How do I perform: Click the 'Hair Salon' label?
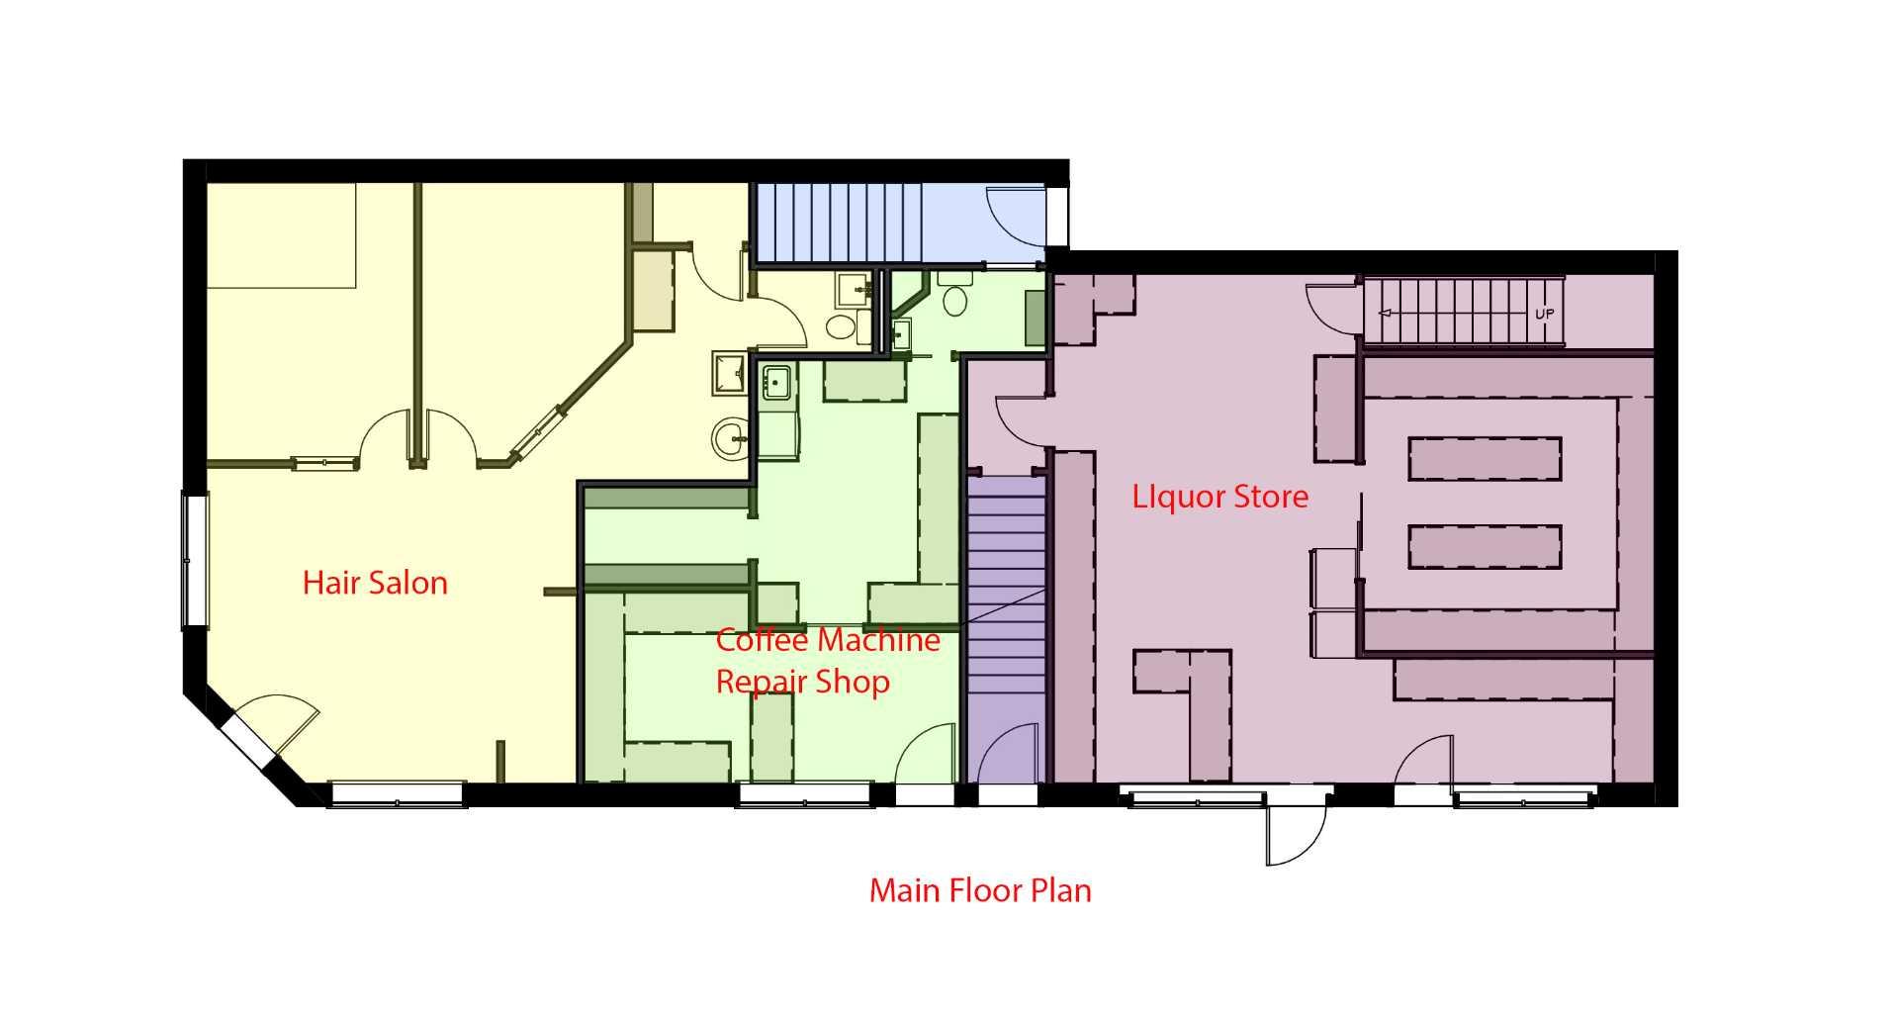pos(375,582)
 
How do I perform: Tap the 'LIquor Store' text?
pos(1219,496)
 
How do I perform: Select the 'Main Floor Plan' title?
pos(980,890)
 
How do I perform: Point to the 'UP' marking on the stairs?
pos(1544,314)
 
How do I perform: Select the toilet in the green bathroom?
pos(955,300)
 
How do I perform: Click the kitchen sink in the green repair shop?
pos(776,381)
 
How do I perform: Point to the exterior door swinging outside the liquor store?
pos(1296,831)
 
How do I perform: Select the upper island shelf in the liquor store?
pos(1484,459)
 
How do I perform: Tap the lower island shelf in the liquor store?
pos(1484,546)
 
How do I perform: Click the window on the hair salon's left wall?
pos(196,561)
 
